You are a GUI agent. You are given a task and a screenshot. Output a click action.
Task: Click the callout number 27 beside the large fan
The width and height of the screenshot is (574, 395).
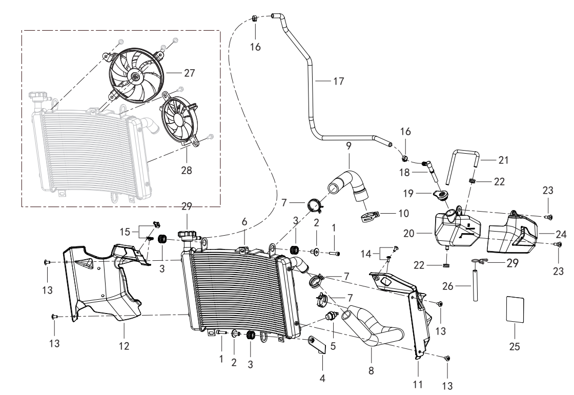189,73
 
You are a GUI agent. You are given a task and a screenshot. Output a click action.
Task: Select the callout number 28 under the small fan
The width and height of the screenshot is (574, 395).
187,170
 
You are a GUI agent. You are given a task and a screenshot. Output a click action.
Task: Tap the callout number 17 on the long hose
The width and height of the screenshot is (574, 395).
339,81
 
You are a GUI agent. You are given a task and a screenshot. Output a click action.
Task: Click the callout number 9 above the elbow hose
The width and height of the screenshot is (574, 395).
348,146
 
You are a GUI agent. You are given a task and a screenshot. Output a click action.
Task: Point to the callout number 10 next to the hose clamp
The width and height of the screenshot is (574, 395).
403,214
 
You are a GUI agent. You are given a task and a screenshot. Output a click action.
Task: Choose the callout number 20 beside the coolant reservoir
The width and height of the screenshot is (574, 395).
409,234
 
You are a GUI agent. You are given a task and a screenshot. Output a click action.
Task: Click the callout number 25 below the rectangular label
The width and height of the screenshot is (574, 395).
515,346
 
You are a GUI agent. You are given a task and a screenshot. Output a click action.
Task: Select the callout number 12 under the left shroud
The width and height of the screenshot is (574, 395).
124,346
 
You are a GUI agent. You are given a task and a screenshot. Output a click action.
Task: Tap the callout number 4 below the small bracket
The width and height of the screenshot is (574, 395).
322,378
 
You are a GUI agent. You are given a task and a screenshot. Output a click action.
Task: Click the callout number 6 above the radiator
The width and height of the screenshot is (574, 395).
244,221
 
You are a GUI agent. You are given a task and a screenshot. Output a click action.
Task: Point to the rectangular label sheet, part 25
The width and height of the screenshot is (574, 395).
515,309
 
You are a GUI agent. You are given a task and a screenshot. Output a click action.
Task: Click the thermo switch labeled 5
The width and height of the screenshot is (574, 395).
331,316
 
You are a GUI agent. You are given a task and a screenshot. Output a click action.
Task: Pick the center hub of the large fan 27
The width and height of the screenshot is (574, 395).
136,76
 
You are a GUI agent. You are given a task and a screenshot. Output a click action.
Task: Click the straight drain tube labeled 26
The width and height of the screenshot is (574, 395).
475,285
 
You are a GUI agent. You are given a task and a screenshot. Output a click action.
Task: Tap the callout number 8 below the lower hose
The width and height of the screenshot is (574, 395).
371,370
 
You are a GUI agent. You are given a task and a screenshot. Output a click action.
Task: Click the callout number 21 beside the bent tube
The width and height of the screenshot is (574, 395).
504,160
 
